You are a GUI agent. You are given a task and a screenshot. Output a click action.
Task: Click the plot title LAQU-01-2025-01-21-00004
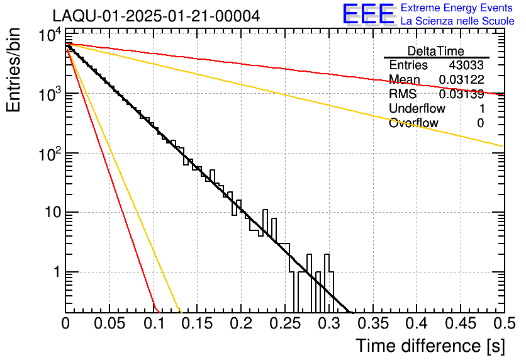155,16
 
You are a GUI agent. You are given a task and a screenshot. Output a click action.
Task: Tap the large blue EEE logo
369,14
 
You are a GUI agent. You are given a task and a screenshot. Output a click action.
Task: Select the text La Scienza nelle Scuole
457,21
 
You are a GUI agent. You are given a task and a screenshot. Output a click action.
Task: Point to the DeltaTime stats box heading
436,51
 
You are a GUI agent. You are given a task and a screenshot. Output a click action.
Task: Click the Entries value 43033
466,65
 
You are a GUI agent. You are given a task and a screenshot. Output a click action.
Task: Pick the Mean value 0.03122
461,80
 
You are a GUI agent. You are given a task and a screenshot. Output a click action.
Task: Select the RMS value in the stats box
461,94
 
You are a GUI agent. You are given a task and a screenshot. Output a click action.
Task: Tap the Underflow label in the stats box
413,109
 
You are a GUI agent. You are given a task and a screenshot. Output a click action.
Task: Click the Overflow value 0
480,123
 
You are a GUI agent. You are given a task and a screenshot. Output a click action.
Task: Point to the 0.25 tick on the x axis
284,324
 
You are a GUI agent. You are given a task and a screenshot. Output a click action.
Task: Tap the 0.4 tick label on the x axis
416,324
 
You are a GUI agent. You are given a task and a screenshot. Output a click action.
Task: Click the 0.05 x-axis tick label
109,324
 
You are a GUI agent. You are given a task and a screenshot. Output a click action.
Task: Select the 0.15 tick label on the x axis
197,324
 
